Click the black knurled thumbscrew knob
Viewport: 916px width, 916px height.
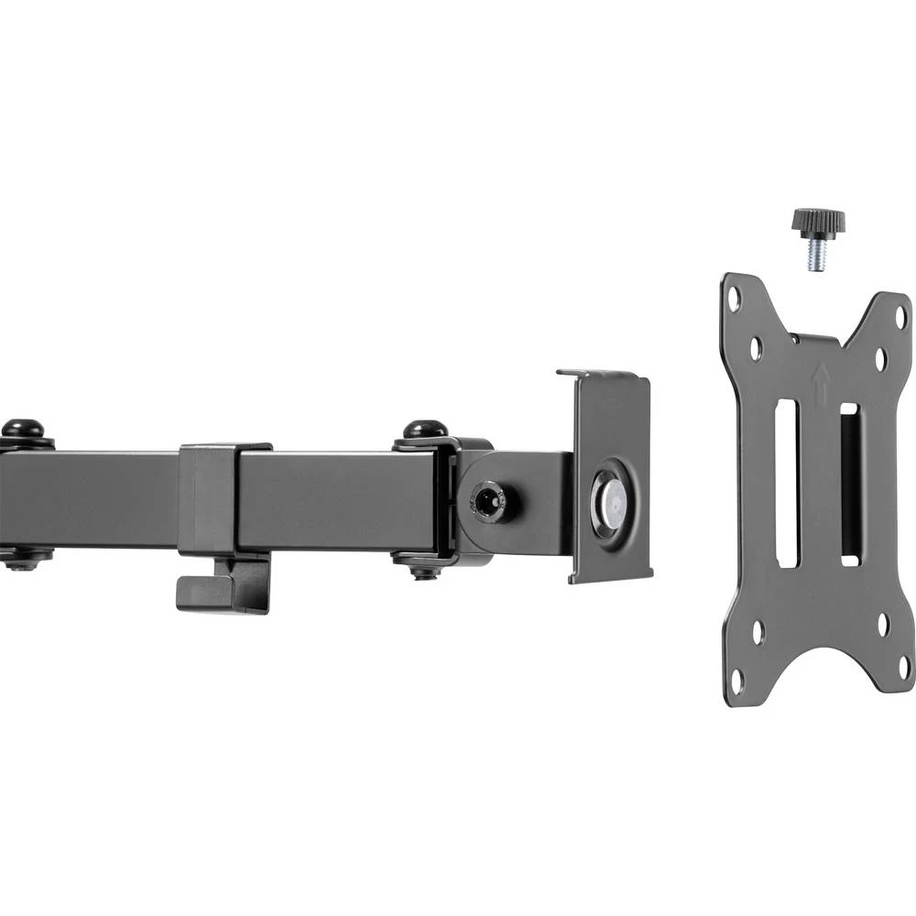coord(817,221)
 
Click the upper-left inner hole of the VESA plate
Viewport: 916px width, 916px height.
coord(756,348)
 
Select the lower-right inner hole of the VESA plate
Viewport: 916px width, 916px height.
coord(883,625)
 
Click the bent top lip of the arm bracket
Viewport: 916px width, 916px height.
coord(601,374)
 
